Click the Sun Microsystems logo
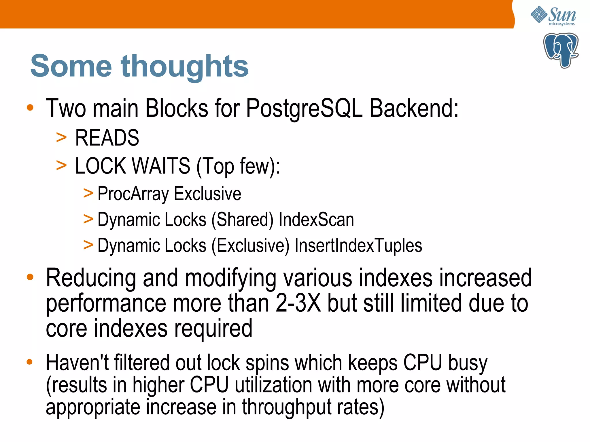point(553,16)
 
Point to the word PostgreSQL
point(304,108)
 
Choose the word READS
point(107,138)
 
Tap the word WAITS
point(161,166)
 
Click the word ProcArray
point(133,194)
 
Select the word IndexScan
point(316,220)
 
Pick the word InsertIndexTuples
point(358,246)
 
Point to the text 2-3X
point(298,303)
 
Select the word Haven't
point(77,363)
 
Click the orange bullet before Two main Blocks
point(30,108)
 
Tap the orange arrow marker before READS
point(61,138)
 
